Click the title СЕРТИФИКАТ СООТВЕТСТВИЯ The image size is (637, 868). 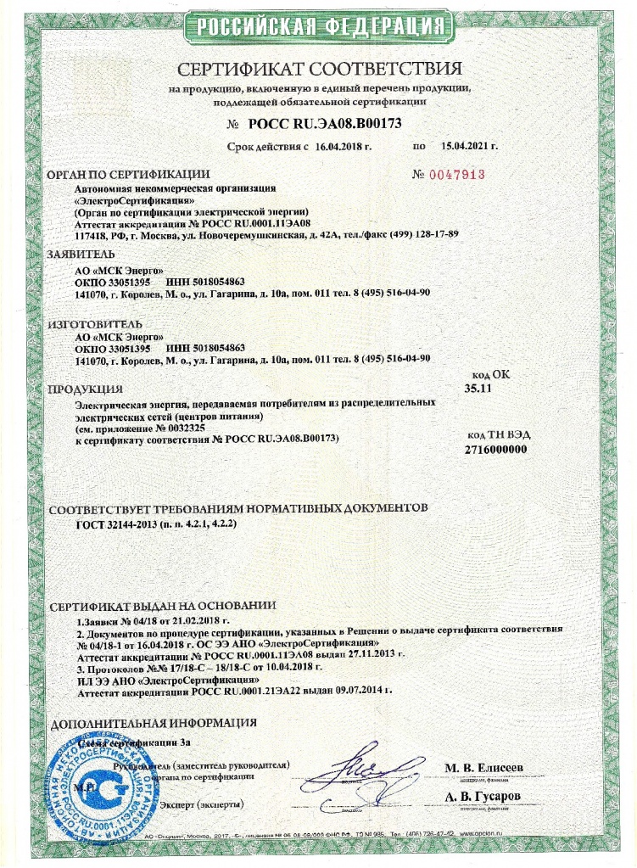(319, 69)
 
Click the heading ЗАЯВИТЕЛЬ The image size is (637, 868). (82, 254)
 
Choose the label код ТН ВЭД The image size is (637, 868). (498, 434)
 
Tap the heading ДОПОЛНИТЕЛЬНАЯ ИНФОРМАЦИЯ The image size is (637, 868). (154, 725)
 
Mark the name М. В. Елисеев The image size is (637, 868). (484, 768)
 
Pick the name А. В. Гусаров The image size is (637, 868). (483, 797)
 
